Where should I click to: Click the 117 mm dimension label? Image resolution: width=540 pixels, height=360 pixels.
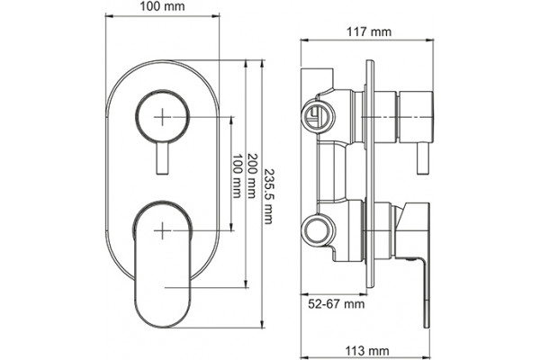coord(368,32)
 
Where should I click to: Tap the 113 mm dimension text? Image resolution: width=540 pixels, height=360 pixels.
coord(367,351)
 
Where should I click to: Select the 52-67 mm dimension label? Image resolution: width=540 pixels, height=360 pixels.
coord(336,304)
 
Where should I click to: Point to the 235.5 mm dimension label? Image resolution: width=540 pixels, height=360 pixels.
coord(268,196)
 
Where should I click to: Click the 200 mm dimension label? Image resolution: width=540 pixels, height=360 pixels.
coord(251,175)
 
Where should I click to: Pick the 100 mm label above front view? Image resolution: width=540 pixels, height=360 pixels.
coord(162,6)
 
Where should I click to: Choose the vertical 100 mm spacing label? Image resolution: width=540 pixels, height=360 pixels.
coord(236,175)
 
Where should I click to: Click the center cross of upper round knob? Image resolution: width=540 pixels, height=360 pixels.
coord(162,117)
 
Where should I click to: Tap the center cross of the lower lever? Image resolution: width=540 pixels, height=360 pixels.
coord(162,230)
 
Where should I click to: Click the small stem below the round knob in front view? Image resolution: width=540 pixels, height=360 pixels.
coord(162,158)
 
